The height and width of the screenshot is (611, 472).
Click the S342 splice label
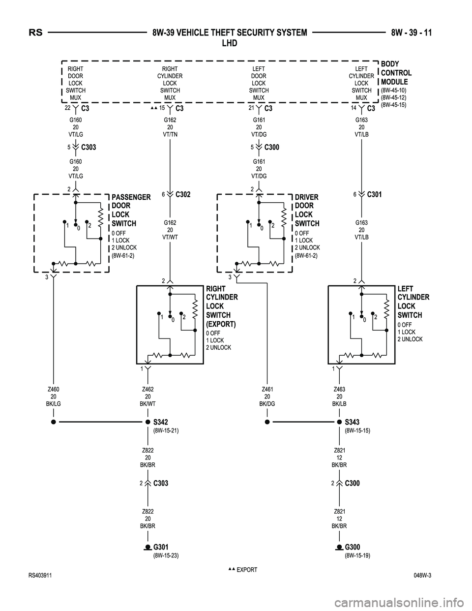click(160, 422)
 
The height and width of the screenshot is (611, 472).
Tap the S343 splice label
click(352, 422)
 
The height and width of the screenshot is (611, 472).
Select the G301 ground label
click(161, 547)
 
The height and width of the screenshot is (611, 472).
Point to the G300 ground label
click(353, 547)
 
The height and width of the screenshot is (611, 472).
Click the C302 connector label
click(182, 194)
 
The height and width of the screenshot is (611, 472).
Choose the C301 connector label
click(374, 194)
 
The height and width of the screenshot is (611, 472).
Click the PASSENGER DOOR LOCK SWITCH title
click(131, 211)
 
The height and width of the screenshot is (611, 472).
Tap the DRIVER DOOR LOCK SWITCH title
click(307, 211)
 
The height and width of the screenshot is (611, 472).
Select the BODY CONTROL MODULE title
click(396, 73)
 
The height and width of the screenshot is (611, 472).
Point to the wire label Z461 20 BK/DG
click(267, 396)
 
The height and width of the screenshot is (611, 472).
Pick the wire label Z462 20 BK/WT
click(147, 396)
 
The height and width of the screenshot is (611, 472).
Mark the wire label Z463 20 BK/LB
click(339, 396)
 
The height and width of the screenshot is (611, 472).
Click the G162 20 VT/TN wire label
click(170, 126)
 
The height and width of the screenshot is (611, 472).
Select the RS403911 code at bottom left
click(42, 575)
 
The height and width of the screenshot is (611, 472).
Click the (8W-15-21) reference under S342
click(166, 430)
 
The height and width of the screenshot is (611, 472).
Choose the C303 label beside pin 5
click(88, 147)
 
